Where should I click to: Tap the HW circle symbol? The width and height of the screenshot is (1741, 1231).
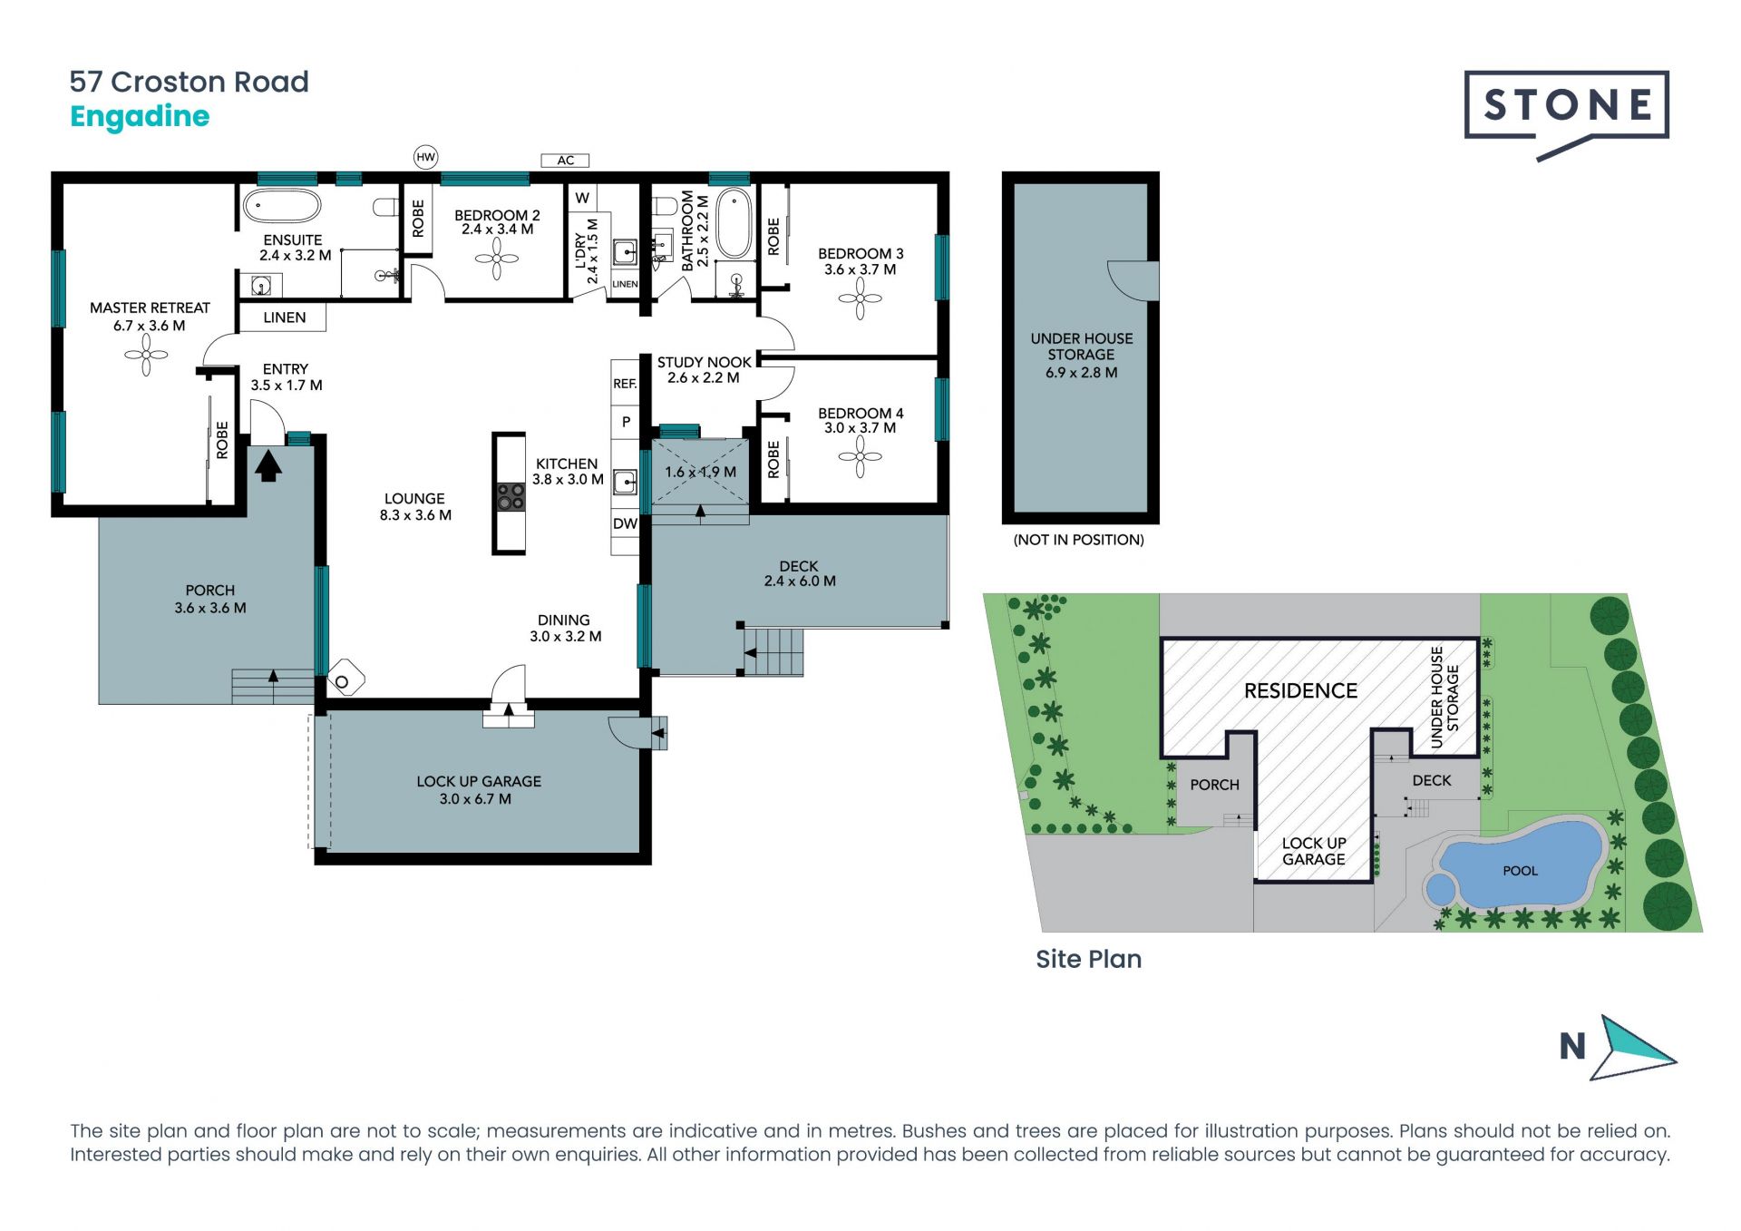click(x=425, y=157)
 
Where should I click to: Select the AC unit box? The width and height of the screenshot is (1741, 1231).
click(x=565, y=161)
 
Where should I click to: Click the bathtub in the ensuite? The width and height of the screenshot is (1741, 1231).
click(x=282, y=206)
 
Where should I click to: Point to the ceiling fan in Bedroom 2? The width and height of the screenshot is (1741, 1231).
click(x=497, y=259)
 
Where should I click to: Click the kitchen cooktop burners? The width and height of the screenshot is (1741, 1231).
click(x=510, y=497)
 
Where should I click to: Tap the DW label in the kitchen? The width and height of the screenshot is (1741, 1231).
click(x=625, y=523)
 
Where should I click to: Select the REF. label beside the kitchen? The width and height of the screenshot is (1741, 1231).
click(x=625, y=384)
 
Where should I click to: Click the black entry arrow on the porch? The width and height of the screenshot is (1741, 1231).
click(x=267, y=465)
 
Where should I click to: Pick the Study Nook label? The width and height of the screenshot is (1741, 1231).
click(x=705, y=362)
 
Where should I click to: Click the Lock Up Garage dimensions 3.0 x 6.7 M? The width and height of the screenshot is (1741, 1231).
click(x=475, y=799)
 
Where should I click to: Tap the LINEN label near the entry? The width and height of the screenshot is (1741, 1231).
click(x=285, y=318)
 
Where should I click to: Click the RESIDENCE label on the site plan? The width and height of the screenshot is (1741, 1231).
click(x=1300, y=691)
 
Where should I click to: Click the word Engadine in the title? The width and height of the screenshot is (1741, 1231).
click(x=140, y=117)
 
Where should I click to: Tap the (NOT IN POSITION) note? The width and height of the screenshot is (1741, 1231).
click(x=1079, y=540)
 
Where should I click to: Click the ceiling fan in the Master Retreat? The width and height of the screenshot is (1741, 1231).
click(x=146, y=356)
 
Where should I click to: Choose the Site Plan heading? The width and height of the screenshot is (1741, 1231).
click(x=1088, y=959)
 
